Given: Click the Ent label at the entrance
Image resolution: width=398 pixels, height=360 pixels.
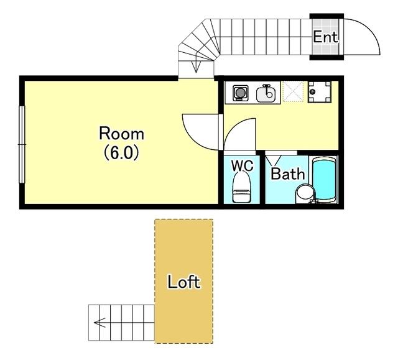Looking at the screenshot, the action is point(325,37).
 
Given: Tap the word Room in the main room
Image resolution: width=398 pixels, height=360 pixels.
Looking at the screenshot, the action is point(122,134).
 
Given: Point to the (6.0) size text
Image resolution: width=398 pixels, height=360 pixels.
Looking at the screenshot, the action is point(122,153).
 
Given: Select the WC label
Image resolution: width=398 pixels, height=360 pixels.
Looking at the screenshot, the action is point(242,165).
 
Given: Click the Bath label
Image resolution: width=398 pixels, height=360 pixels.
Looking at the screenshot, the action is point(288,174).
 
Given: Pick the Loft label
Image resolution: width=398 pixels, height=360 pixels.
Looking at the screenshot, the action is point(184,282).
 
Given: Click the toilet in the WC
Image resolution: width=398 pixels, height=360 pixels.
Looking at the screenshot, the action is point(242,187).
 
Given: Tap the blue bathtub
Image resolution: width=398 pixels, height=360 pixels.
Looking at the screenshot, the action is point(324,180).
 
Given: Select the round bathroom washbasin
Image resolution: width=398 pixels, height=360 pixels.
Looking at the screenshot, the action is point(305,194).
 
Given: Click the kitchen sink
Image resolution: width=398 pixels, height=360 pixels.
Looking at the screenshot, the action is point(266,93).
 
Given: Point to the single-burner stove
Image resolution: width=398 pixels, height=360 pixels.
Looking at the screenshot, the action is point(240,93).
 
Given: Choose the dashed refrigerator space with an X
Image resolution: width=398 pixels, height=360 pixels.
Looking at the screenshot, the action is point(294,91).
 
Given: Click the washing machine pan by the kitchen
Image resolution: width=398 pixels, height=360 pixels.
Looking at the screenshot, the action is point(320,92).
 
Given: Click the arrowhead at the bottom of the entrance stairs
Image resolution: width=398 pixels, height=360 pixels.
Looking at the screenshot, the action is point(196,67).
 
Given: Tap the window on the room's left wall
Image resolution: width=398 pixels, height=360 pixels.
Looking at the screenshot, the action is point(22,144).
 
